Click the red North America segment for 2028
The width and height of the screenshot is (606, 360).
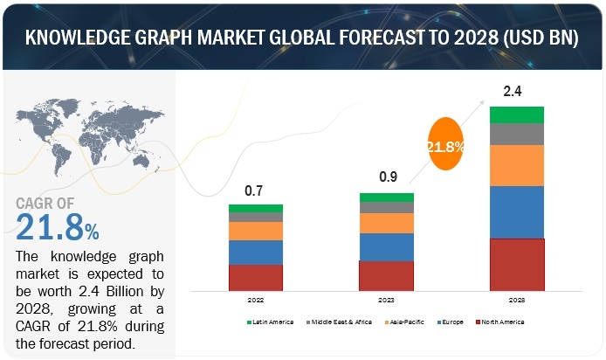(517, 265)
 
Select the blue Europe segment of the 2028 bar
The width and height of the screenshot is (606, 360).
(517, 212)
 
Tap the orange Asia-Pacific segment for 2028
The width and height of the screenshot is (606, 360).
(517, 165)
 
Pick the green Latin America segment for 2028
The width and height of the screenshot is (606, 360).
(517, 114)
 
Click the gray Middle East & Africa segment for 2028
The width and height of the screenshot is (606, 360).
(517, 134)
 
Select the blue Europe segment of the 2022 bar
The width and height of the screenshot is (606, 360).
(256, 252)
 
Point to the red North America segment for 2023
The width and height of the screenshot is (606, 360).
(386, 275)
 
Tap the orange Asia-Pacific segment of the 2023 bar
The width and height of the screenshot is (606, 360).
(386, 223)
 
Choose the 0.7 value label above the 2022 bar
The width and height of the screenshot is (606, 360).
(255, 190)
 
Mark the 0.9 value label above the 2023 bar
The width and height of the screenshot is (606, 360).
(386, 177)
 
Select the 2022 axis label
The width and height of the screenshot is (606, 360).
(256, 299)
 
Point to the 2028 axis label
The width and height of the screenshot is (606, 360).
(517, 299)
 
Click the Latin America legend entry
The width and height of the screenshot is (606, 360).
(271, 323)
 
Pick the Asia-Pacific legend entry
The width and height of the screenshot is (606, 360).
(404, 323)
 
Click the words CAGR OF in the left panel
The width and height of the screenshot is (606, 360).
(52, 204)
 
